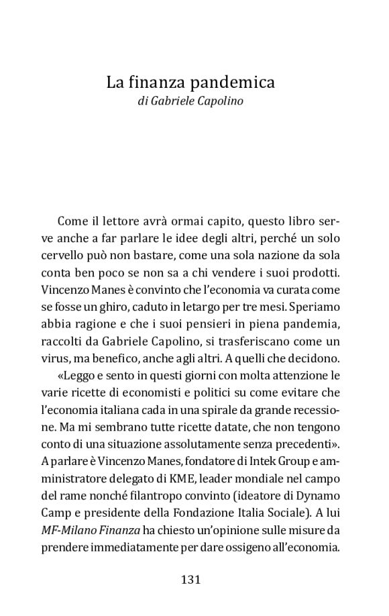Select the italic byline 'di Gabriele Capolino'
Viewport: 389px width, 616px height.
(190, 103)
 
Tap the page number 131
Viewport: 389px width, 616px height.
(190, 579)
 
